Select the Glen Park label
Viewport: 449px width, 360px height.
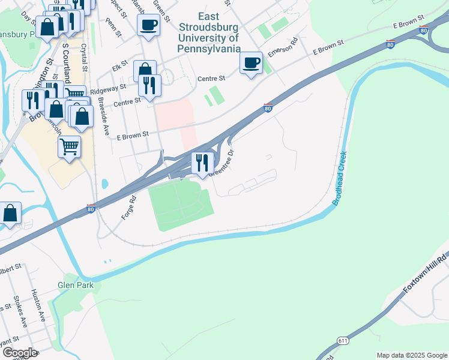pos(76,285)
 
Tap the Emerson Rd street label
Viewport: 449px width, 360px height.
pos(283,49)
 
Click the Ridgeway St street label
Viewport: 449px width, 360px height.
pos(108,87)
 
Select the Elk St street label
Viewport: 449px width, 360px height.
pos(124,62)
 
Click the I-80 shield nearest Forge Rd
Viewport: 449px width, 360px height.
pos(90,208)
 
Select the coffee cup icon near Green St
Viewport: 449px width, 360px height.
pos(148,25)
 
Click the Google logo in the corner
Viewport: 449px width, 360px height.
pos(20,353)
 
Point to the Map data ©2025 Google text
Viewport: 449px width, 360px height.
pos(412,355)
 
